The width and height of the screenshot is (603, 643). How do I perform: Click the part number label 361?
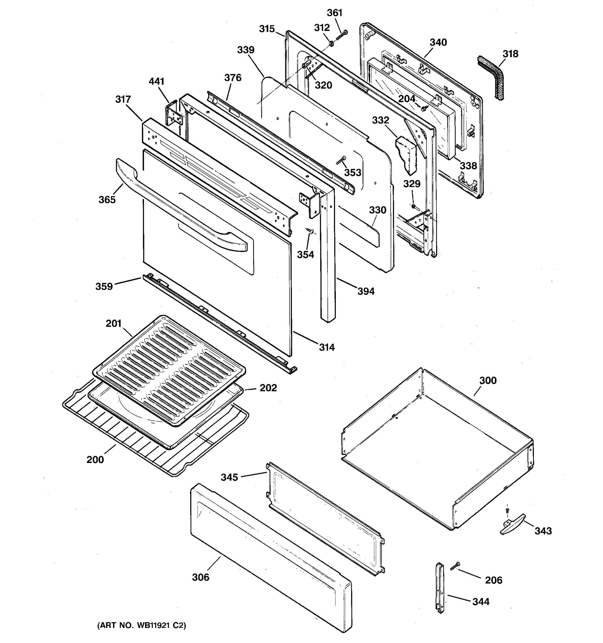(334, 13)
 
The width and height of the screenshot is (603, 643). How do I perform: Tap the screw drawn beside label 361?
(342, 35)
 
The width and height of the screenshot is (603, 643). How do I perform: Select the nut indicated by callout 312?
(331, 43)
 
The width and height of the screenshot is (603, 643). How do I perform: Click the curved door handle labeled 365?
(181, 207)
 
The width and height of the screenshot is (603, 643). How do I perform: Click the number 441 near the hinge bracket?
(157, 81)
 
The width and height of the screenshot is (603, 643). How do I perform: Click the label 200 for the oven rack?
(95, 459)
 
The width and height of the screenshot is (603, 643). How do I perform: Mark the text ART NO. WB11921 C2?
(142, 626)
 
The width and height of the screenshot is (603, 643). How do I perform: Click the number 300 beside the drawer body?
(488, 380)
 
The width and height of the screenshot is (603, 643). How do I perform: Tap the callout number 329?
(411, 184)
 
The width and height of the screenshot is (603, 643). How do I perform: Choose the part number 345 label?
(229, 477)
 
